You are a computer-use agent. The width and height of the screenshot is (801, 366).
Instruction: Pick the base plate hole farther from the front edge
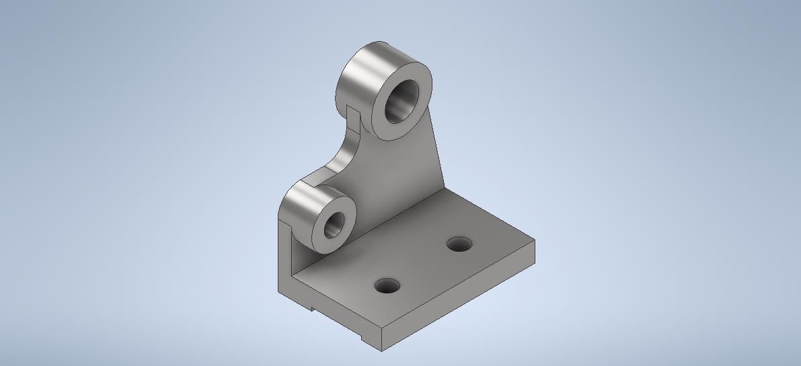click(459, 244)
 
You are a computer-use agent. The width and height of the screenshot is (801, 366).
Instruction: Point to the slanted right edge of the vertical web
click(436, 148)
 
